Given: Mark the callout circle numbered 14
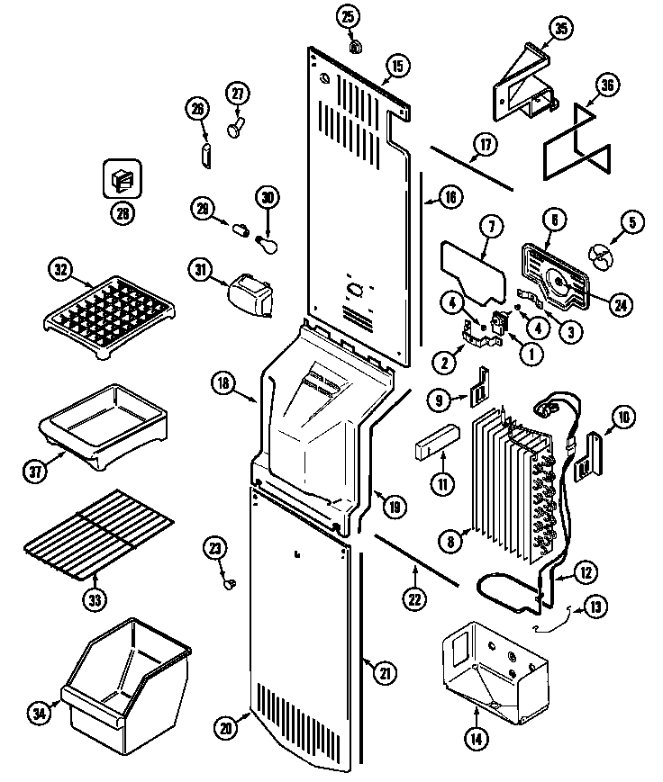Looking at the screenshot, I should [475, 740].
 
